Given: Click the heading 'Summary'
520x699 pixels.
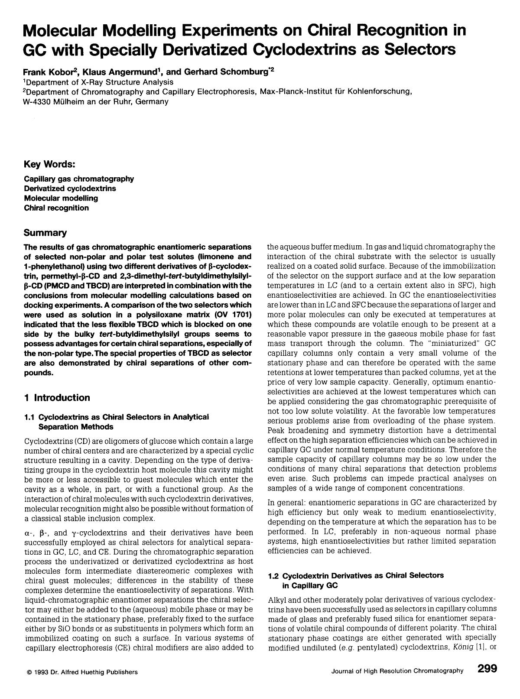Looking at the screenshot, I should point(45,233).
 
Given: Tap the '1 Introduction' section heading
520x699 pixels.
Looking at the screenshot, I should point(57,397).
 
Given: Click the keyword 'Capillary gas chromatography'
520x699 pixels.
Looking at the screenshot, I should point(79,179).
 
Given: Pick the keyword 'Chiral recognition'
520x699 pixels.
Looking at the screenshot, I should point(56,208).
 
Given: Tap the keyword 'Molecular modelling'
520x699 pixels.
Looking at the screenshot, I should point(61,198).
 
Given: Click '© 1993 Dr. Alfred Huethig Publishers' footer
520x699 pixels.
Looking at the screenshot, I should point(82,672).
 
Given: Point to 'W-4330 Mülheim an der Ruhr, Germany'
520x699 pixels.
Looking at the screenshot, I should point(96,101).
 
